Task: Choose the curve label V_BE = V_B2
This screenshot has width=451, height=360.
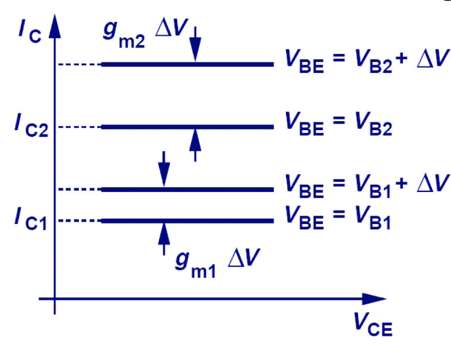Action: [338, 127]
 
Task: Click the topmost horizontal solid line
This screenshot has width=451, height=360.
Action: [187, 64]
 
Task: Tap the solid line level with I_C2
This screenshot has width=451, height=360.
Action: [187, 127]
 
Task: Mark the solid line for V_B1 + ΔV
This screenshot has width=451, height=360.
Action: [187, 190]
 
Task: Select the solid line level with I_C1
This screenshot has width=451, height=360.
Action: [187, 221]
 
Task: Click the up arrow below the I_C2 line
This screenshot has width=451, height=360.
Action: [196, 144]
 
